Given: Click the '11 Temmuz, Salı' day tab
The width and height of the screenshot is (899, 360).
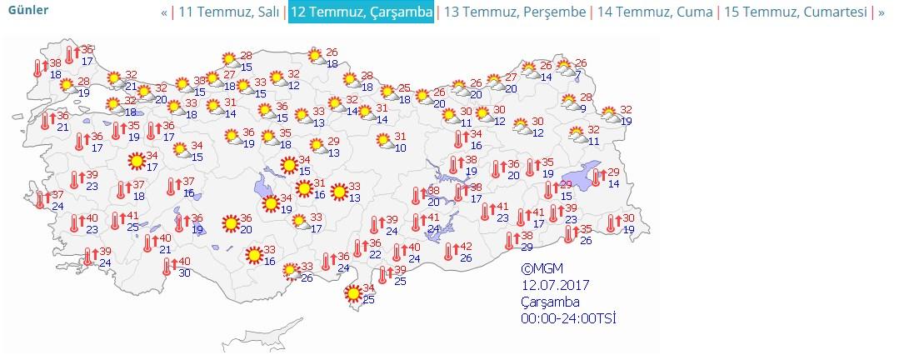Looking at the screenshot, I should coord(229,12).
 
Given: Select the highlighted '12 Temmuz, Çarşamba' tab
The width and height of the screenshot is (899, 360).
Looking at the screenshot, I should coord(361,12).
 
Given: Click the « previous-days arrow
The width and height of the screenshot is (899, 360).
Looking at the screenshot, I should coord(164,12).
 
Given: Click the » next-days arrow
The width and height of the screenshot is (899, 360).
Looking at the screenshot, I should coord(882,12).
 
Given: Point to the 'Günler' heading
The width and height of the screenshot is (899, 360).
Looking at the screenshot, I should coord(27,10).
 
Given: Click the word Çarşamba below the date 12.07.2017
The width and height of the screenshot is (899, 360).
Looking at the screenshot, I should coord(550,302).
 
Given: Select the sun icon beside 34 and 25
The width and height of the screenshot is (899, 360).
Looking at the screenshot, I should coord(353,292).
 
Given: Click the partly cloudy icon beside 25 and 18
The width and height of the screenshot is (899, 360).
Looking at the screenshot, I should coord(387,92).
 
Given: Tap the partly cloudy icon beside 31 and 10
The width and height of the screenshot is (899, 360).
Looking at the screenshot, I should coord(384,142).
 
